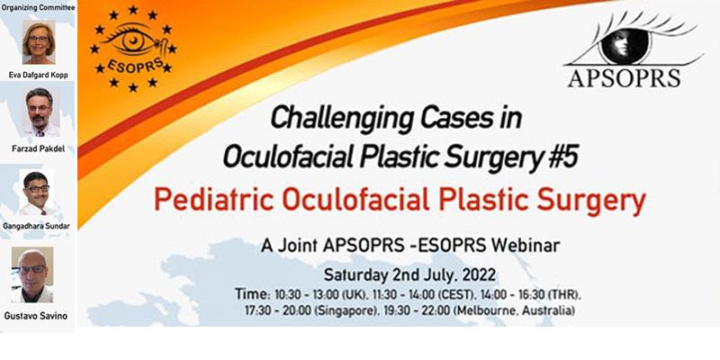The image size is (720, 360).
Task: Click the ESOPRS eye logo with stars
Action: pos(133,49)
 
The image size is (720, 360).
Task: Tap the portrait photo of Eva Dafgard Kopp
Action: pos(39,42)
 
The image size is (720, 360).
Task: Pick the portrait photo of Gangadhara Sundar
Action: pos(36,193)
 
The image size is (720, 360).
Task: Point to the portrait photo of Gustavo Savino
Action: pos(32,274)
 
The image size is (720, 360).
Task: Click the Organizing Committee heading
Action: pos(38,7)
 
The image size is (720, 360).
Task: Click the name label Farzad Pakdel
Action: pos(38,148)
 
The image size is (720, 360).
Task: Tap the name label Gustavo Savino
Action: pos(35,316)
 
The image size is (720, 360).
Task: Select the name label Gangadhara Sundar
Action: pos(36,226)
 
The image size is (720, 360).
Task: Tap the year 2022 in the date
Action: pos(479,275)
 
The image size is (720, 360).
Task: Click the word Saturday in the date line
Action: pos(356,275)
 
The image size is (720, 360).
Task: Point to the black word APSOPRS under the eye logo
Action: pos(624,78)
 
